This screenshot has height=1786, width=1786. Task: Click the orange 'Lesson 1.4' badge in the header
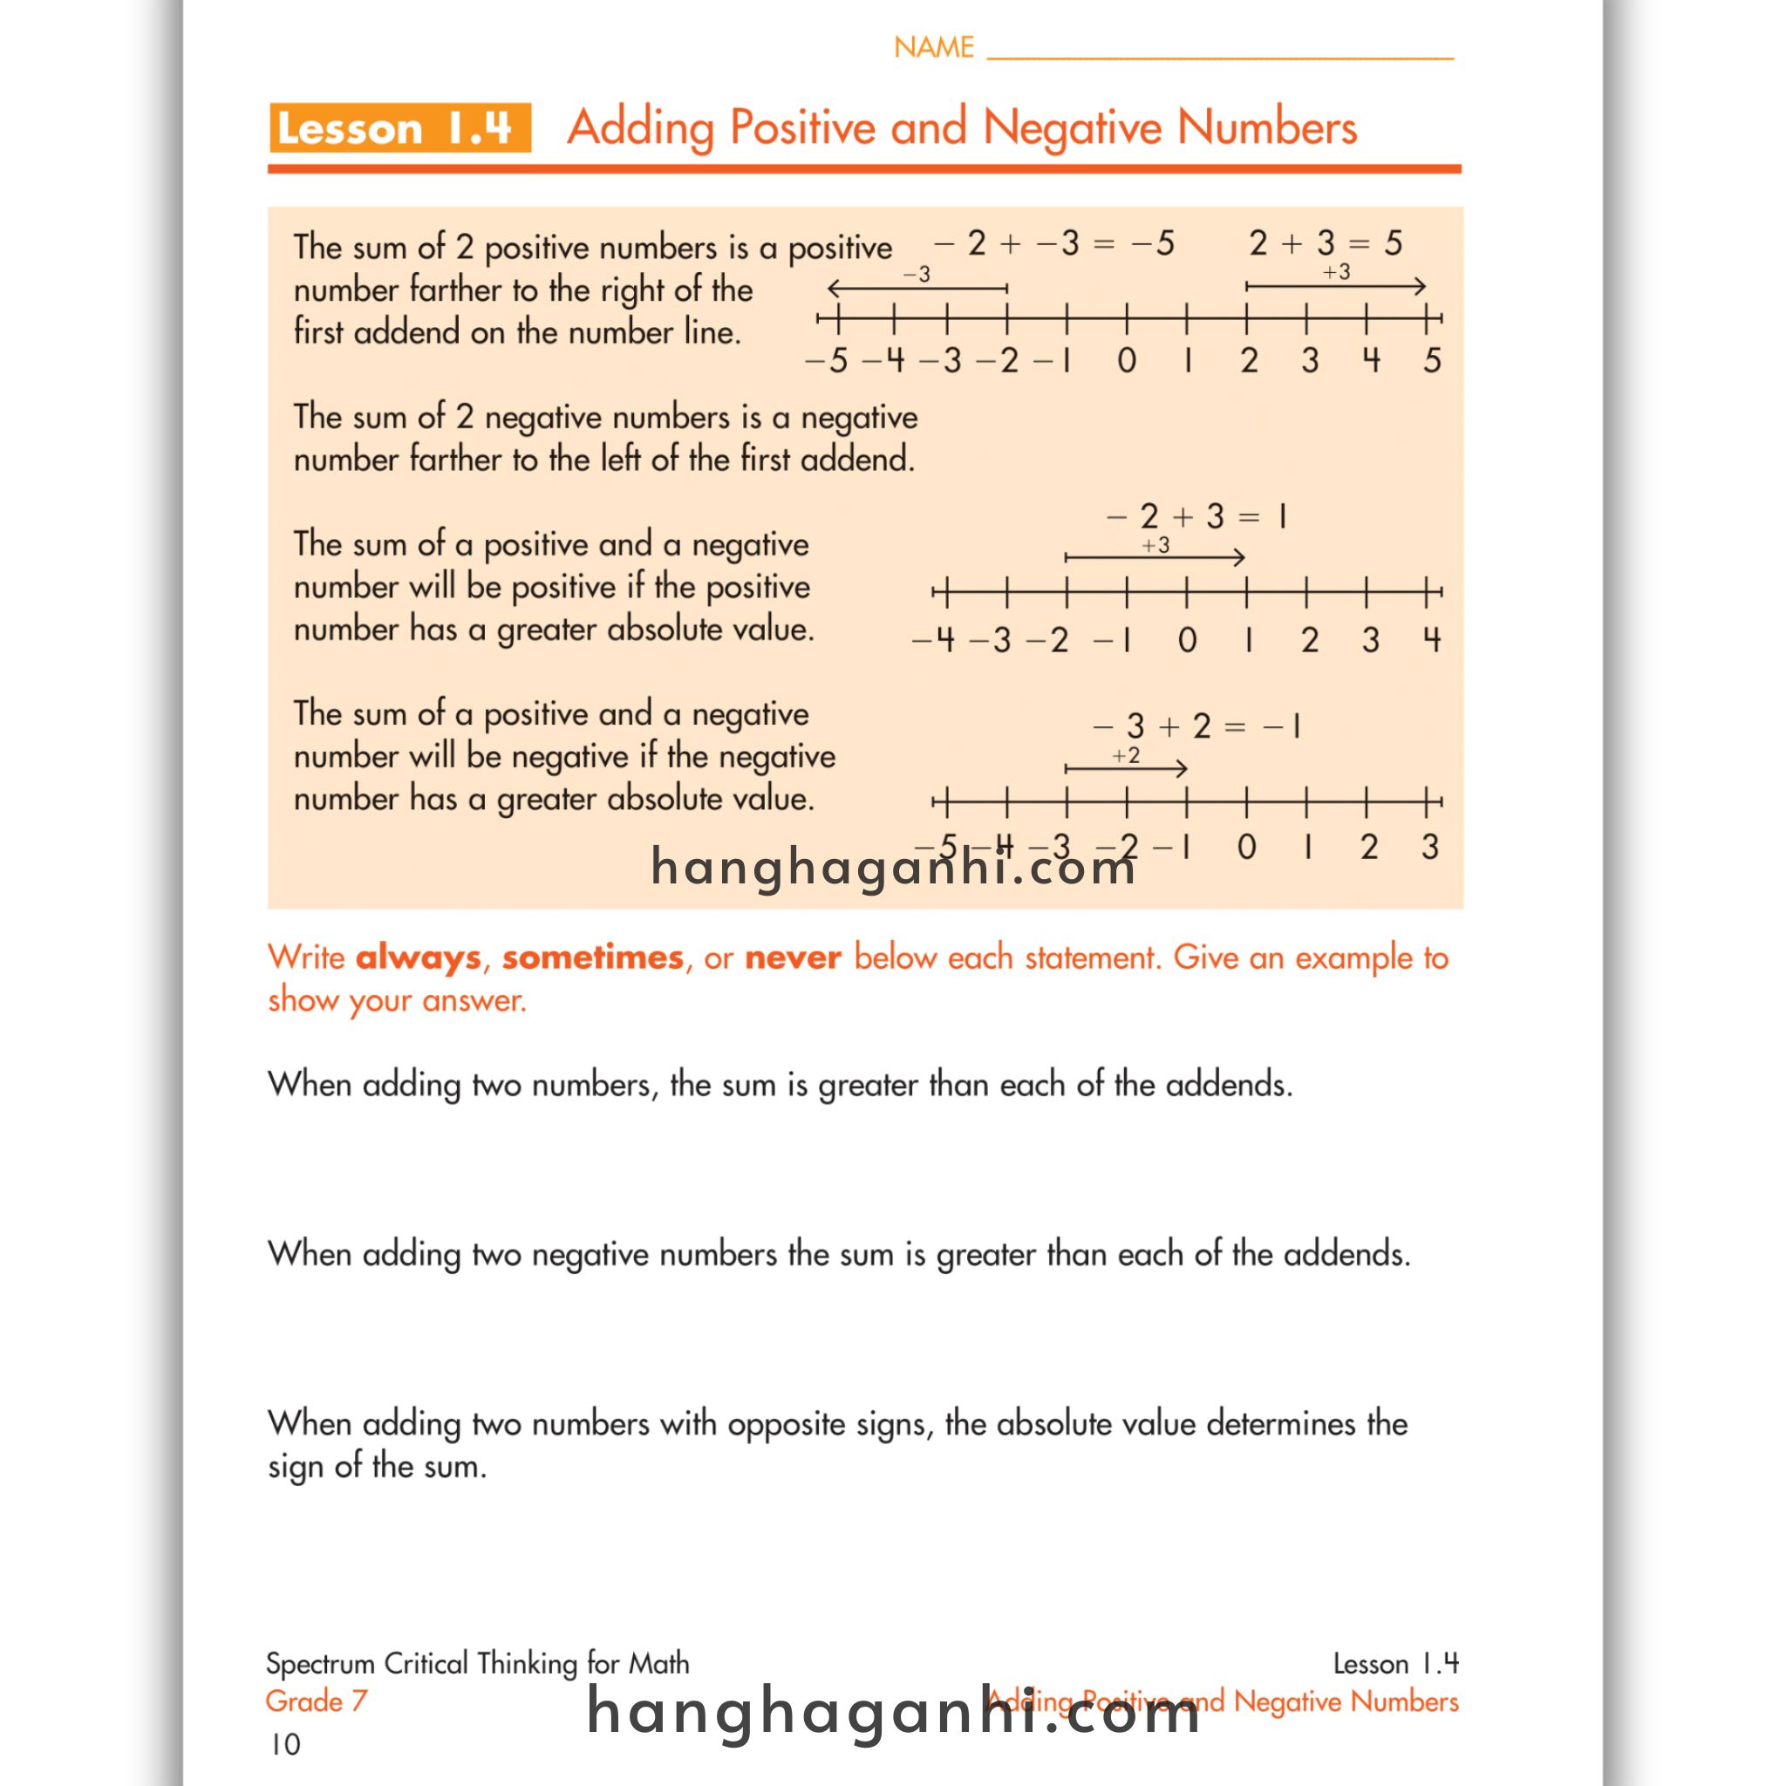[399, 127]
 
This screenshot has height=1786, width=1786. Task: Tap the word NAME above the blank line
[934, 47]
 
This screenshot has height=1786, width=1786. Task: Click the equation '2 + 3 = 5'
[1325, 243]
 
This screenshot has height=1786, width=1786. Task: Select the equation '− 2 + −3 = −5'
[1053, 243]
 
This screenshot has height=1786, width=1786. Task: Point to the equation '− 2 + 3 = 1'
[1196, 516]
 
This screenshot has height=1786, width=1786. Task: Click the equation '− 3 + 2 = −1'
[1196, 726]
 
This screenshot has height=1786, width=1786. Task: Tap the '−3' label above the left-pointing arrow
[917, 275]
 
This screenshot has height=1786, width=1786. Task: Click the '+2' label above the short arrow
[1125, 755]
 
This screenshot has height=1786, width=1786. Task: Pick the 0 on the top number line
[1126, 360]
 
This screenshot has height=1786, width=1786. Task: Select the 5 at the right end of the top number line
[1432, 360]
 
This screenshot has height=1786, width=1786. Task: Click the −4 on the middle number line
[934, 640]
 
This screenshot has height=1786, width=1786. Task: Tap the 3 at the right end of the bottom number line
[1430, 847]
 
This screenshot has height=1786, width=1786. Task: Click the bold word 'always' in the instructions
[418, 958]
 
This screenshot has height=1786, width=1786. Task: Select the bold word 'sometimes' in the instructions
[592, 958]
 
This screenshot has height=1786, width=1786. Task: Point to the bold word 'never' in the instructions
[794, 958]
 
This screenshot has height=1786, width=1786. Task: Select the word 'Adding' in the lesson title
[641, 127]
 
